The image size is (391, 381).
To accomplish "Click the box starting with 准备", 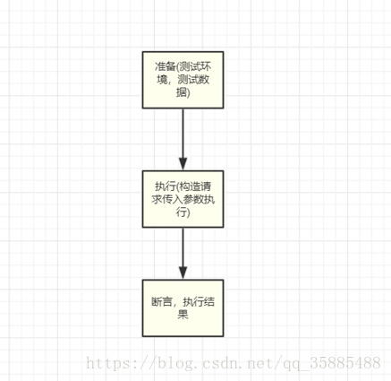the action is [183, 80].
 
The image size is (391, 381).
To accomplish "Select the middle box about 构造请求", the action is [183, 199].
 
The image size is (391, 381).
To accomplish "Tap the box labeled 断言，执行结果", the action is [183, 308].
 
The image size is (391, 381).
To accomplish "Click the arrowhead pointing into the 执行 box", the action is [183, 164].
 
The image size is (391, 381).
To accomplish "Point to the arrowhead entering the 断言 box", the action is [183, 273].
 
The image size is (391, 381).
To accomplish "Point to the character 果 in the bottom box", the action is [183, 315].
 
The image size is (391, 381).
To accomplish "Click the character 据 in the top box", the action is [182, 92].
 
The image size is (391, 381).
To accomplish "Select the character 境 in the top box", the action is [162, 80].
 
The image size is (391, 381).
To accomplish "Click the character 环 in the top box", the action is [206, 66].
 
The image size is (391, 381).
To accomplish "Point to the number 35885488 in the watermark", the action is [345, 363].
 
